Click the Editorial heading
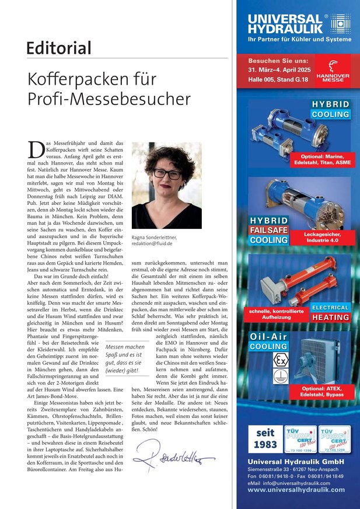pos(58,47)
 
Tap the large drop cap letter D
pos(36,149)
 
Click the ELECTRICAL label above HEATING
pos(330,307)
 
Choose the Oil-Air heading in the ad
pos(268,337)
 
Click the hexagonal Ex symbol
pos(281,360)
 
